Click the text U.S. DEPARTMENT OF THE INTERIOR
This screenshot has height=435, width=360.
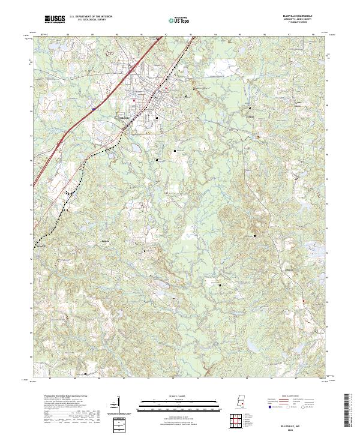pyautogui.click(x=92, y=17)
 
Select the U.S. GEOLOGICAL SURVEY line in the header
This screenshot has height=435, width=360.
pyautogui.click(x=91, y=20)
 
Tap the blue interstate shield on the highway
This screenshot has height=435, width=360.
pyautogui.click(x=94, y=109)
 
